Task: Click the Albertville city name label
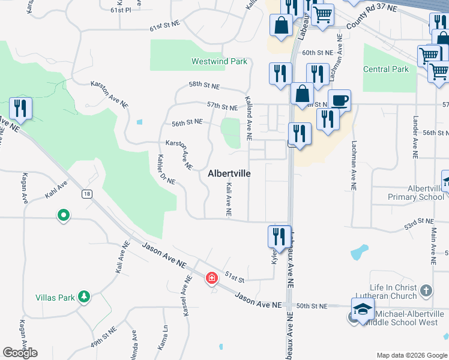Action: pyautogui.click(x=229, y=173)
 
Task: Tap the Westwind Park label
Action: pyautogui.click(x=219, y=61)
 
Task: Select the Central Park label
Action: pyautogui.click(x=385, y=69)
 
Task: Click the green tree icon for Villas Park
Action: pyautogui.click(x=84, y=296)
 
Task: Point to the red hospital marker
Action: pyautogui.click(x=211, y=277)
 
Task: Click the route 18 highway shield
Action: pyautogui.click(x=88, y=193)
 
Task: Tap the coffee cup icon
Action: pyautogui.click(x=339, y=100)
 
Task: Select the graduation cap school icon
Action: pyautogui.click(x=363, y=310)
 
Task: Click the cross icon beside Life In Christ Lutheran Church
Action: pyautogui.click(x=426, y=291)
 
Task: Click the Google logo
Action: pyautogui.click(x=20, y=352)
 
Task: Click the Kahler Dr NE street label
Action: pyautogui.click(x=166, y=169)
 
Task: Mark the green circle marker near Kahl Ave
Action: pyautogui.click(x=63, y=215)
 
